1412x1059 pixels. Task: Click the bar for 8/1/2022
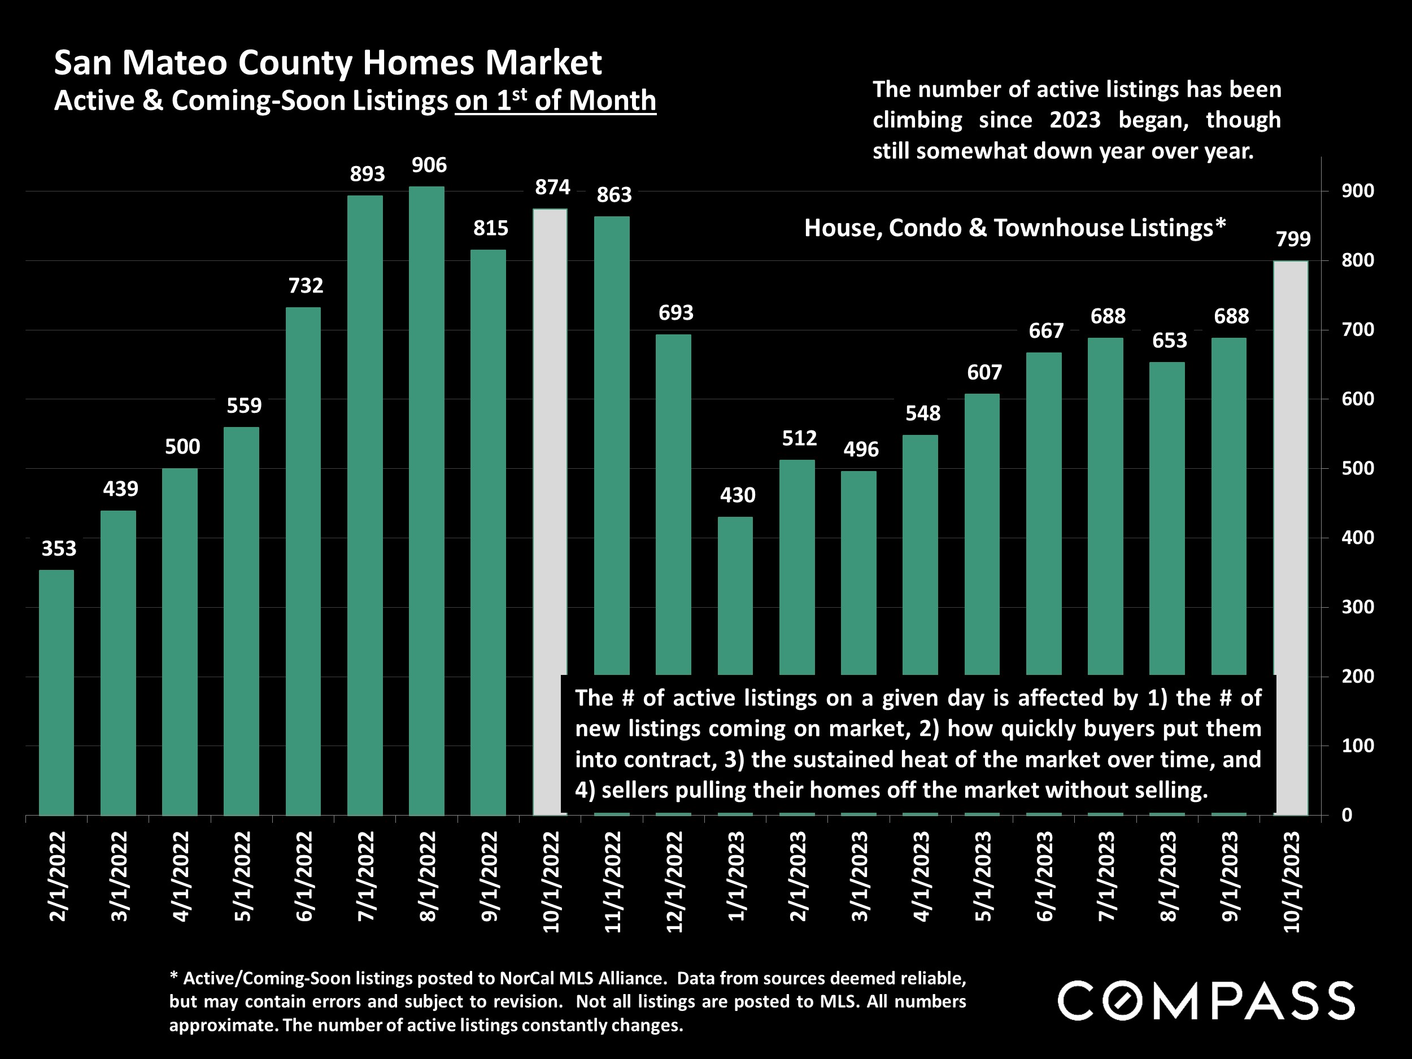pyautogui.click(x=426, y=500)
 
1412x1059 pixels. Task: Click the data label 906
pyautogui.click(x=429, y=165)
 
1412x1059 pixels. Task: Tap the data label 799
pyautogui.click(x=1293, y=239)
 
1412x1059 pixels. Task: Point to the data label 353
pyautogui.click(x=59, y=548)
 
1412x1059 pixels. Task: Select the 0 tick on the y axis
pyautogui.click(x=1347, y=814)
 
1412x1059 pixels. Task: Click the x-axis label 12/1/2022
pyautogui.click(x=675, y=882)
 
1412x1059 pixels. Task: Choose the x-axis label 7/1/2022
pyautogui.click(x=366, y=877)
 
